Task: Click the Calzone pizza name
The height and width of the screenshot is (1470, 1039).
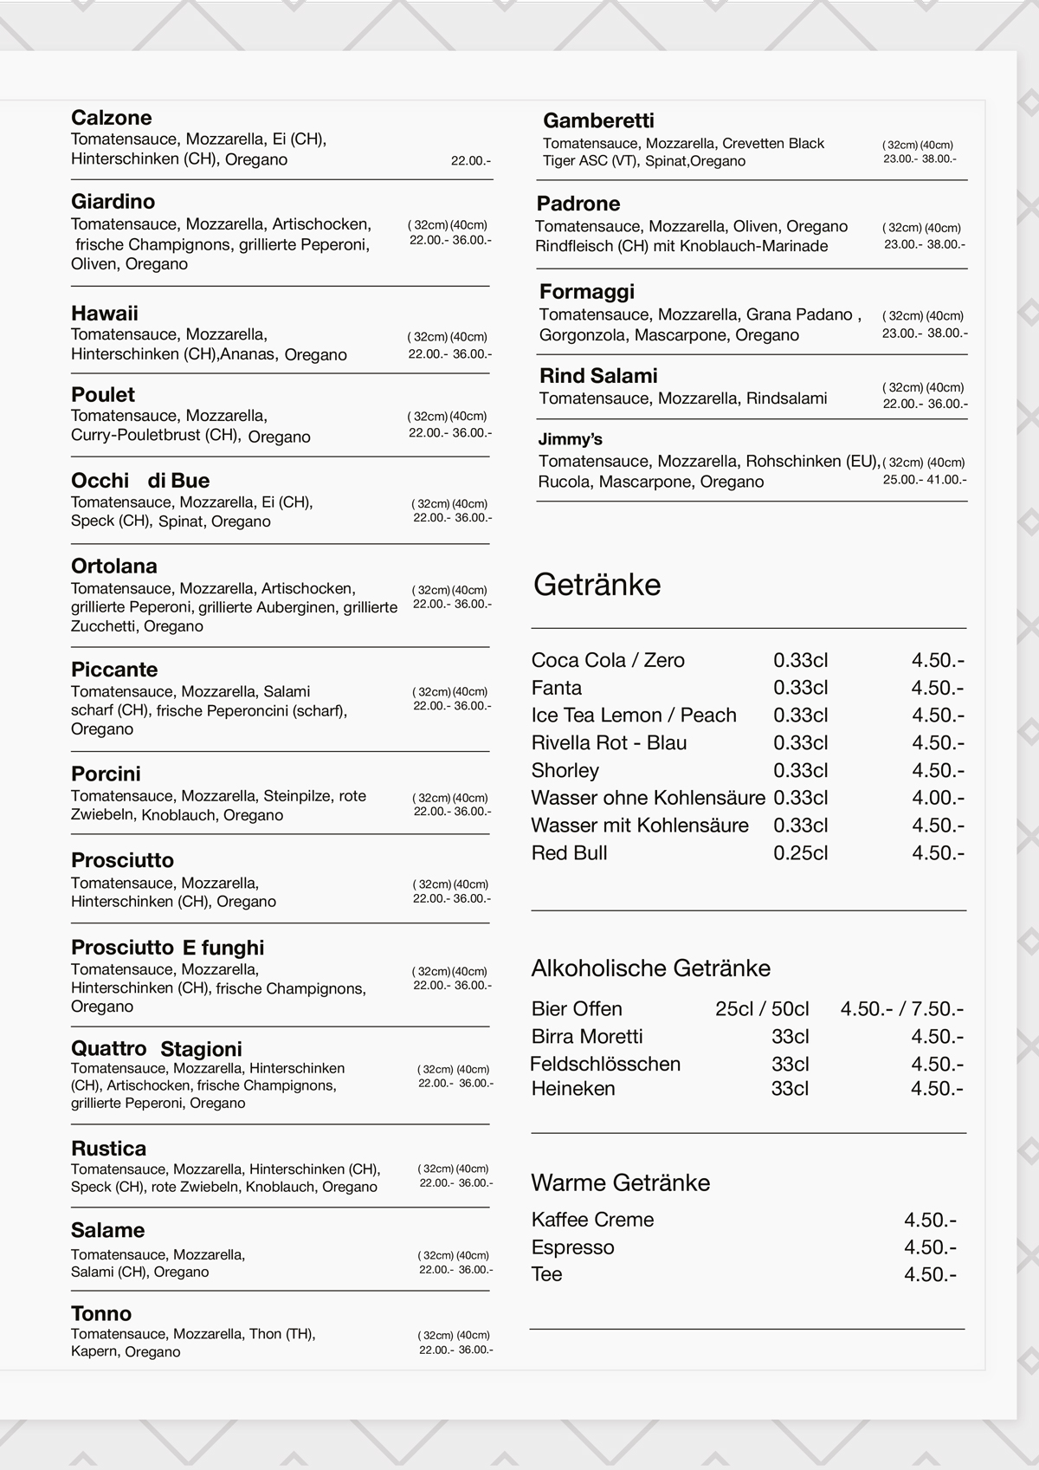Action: pyautogui.click(x=111, y=118)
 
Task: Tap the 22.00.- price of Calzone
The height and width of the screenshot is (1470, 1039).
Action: pyautogui.click(x=471, y=161)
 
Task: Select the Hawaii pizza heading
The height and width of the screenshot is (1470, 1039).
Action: pyautogui.click(x=105, y=314)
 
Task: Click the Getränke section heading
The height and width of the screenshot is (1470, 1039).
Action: pyautogui.click(x=597, y=585)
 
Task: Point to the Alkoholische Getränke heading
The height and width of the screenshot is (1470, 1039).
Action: pyautogui.click(x=650, y=968)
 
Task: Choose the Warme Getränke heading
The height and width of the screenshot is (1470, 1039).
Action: pyautogui.click(x=620, y=1182)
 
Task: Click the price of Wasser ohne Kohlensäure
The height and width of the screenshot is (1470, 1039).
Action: pyautogui.click(x=938, y=798)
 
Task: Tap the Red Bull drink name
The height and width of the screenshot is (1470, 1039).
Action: pyautogui.click(x=569, y=853)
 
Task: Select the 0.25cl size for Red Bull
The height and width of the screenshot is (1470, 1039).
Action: pyautogui.click(x=800, y=853)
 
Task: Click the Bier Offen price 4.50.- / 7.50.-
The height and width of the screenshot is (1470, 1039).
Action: pyautogui.click(x=901, y=1009)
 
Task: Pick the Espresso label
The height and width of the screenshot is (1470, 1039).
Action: pyautogui.click(x=572, y=1247)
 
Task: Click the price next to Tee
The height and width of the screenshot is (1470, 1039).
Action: pyautogui.click(x=930, y=1274)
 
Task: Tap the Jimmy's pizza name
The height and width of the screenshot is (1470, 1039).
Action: pyautogui.click(x=570, y=439)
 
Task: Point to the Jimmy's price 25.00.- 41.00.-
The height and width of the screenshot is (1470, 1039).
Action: pyautogui.click(x=925, y=480)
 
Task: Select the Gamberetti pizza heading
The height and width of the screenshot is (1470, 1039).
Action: pyautogui.click(x=598, y=120)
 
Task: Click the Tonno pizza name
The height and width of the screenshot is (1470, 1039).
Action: pyautogui.click(x=101, y=1313)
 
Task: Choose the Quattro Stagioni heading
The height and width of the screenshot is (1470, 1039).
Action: pyautogui.click(x=157, y=1049)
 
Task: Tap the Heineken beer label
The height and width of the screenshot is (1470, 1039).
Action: pyautogui.click(x=573, y=1089)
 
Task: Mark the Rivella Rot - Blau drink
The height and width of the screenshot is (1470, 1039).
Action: pyautogui.click(x=609, y=743)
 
